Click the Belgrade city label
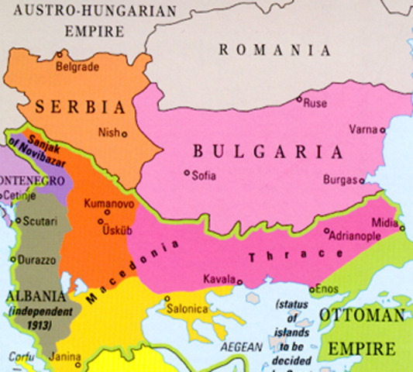pos(77,67)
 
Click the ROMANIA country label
pos(275,50)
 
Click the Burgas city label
pos(341,180)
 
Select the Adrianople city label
pos(357,233)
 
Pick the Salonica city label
pos(190,308)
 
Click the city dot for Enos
pos(311,290)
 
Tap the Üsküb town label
pos(118,231)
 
